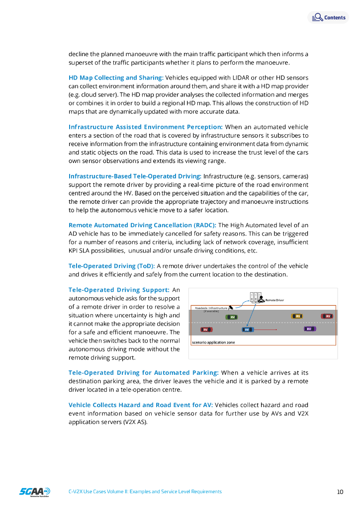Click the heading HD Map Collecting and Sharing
coord(116,78)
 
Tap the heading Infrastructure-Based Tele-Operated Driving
coord(135,176)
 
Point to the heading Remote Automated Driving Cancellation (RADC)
coord(142,225)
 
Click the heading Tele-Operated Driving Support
coord(119,290)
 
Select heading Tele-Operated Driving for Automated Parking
coord(143,372)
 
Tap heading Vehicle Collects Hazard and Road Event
coord(141,405)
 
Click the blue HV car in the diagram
coord(247,329)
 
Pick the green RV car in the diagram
coord(232,317)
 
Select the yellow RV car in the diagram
coord(297,316)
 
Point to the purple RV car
coord(309,329)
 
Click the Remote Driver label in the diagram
coord(274,300)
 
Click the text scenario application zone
coord(213,342)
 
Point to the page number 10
coord(340,492)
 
